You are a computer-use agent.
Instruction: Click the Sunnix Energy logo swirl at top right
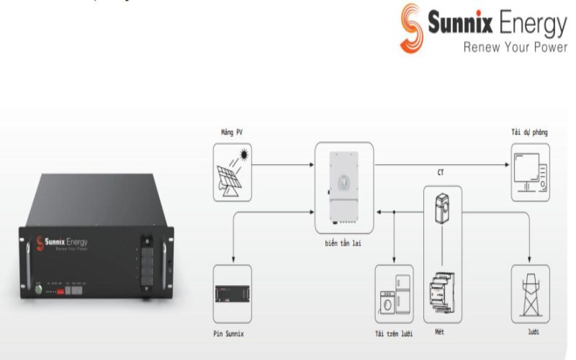[x=413, y=27]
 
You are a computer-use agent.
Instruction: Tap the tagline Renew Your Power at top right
[x=515, y=48]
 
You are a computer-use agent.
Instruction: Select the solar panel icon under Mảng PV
[x=233, y=172]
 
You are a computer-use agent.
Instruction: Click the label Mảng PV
[x=232, y=133]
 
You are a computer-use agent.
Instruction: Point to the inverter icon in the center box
[x=343, y=186]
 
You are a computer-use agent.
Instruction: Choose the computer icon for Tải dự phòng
[x=530, y=172]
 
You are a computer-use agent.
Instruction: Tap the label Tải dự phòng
[x=529, y=133]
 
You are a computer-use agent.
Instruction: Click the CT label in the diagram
[x=441, y=172]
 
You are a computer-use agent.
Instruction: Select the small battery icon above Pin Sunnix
[x=233, y=294]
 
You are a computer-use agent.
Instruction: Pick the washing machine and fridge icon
[x=394, y=294]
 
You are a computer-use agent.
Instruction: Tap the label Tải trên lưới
[x=394, y=334]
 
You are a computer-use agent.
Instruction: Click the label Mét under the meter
[x=441, y=334]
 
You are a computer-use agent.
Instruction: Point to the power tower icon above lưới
[x=530, y=294]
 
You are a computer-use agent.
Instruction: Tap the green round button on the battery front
[x=39, y=289]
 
